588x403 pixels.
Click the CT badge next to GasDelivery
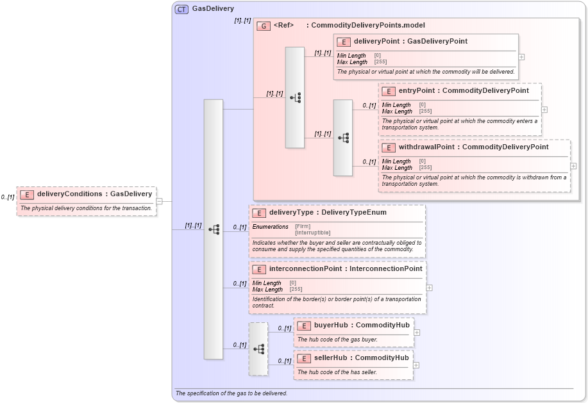click(182, 9)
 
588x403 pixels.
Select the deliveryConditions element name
click(69, 193)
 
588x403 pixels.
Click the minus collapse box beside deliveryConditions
click(159, 201)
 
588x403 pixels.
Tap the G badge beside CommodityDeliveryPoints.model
click(263, 26)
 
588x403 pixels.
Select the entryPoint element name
click(417, 90)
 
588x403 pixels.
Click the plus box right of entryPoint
click(544, 110)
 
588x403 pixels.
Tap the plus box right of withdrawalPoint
click(573, 166)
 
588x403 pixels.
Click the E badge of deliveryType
click(259, 213)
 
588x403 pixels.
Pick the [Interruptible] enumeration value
click(313, 233)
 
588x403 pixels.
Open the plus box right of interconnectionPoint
click(429, 288)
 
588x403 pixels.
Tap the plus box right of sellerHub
click(416, 365)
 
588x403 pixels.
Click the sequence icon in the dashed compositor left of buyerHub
click(258, 349)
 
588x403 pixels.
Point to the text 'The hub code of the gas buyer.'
click(337, 339)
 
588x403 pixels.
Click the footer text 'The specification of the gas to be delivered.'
click(231, 393)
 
